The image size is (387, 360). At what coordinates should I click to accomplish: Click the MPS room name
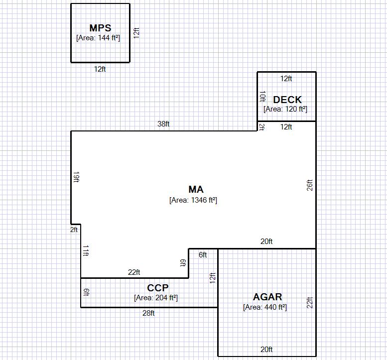tap(100, 28)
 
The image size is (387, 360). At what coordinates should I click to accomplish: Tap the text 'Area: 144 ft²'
tap(98, 38)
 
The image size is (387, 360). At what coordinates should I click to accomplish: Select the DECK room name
tap(287, 100)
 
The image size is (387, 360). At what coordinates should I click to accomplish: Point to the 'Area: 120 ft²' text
tap(285, 109)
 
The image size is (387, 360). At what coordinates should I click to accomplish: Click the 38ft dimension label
tap(163, 123)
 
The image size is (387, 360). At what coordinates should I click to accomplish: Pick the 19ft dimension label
tap(77, 177)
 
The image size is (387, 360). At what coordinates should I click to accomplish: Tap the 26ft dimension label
tap(310, 185)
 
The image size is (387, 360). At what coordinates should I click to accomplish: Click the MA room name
tap(196, 190)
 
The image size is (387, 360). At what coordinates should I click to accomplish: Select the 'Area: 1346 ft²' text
tap(193, 200)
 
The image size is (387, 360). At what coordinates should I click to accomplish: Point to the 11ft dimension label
tap(86, 250)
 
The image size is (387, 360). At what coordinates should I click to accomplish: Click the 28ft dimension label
tap(148, 313)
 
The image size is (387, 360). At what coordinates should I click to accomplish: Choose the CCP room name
tap(158, 288)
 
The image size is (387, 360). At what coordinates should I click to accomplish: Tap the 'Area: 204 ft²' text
tap(156, 298)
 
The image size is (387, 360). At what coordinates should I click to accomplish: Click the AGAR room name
tap(267, 297)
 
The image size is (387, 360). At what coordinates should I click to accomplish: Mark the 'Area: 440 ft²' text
tap(265, 307)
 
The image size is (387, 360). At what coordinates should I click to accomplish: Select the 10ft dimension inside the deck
tap(262, 97)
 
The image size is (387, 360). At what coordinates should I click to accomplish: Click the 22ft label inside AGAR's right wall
tap(310, 303)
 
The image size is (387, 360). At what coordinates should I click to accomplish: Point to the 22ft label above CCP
tap(134, 272)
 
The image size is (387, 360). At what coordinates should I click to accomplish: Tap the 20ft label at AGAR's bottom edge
tap(266, 350)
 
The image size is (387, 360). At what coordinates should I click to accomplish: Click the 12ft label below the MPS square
tap(100, 69)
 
